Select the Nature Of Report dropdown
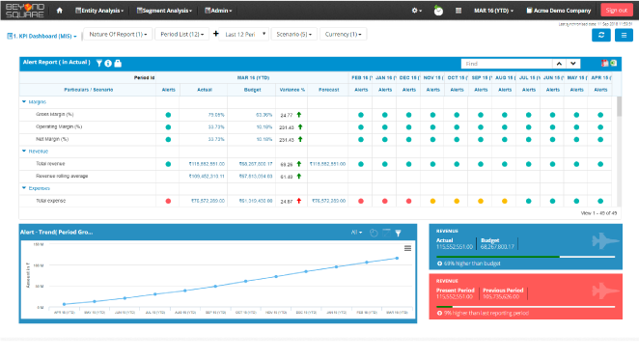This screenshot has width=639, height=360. pos(118,35)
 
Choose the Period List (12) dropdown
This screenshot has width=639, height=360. pos(181,35)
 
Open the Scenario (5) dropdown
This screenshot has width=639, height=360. pos(292,35)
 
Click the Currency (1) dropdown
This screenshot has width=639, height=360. pos(344,35)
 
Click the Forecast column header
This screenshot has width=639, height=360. pos(327,89)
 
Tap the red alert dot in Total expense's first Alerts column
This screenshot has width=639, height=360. pos(168,201)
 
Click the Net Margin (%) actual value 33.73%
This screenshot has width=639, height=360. pos(216,139)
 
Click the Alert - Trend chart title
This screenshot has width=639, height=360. pos(59,233)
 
